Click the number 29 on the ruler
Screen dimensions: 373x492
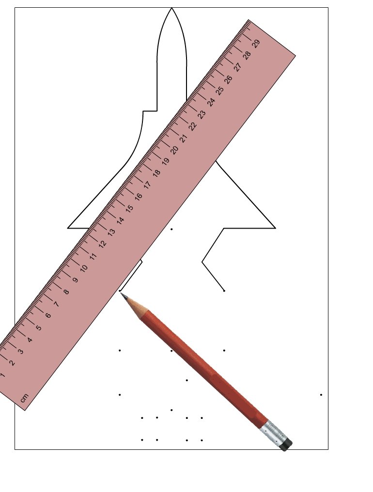click(x=256, y=44)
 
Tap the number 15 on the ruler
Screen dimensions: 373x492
click(x=129, y=208)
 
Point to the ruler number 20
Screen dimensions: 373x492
click(x=174, y=149)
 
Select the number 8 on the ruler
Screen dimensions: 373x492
click(x=66, y=292)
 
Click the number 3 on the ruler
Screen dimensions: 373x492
click(x=21, y=352)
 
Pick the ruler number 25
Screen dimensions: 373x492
click(x=220, y=91)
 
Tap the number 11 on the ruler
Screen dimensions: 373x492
click(x=93, y=256)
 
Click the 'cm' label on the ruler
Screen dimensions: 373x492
click(x=24, y=398)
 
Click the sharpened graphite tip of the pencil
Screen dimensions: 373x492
click(x=121, y=294)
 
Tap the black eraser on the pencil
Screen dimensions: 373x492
click(x=286, y=445)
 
